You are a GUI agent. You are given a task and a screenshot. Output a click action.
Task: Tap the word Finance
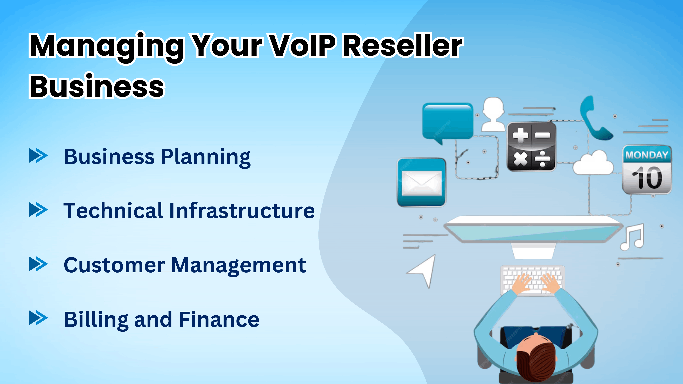pyautogui.click(x=219, y=319)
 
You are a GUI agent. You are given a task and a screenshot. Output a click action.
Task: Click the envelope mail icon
pyautogui.click(x=422, y=183)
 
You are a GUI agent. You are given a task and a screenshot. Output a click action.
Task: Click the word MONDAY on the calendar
pyautogui.click(x=647, y=154)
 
